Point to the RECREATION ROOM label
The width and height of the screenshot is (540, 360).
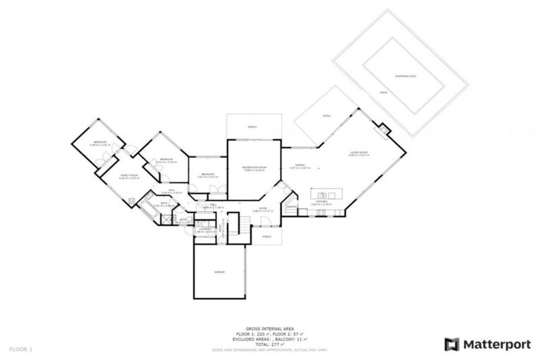254,167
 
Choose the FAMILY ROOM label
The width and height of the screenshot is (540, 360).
127,175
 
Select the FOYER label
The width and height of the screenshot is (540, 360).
262,208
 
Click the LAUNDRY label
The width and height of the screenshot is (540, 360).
203,229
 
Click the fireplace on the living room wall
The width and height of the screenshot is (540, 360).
383,129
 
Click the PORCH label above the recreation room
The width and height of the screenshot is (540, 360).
252,127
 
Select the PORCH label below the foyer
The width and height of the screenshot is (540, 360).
266,236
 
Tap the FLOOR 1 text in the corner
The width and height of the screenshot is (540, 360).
21,349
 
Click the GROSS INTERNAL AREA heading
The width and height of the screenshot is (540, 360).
269,328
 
